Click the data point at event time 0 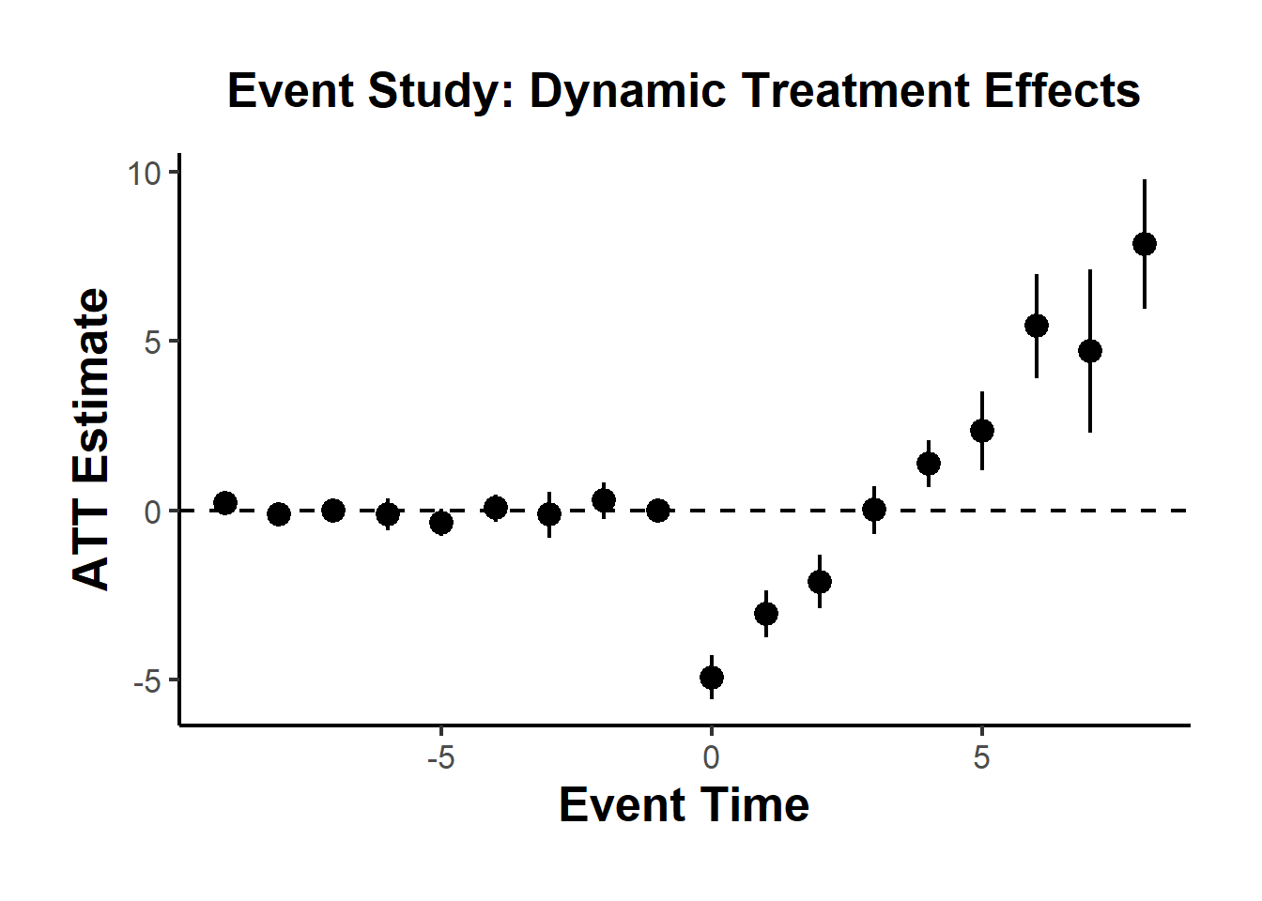coord(712,678)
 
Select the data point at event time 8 coord(1144,244)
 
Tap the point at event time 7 coord(1090,351)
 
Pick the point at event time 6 coord(1037,326)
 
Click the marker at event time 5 coord(982,431)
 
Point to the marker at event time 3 coord(874,510)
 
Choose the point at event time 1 coord(766,614)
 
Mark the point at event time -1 coord(658,511)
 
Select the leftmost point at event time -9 coord(225,503)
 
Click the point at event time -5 coord(441,522)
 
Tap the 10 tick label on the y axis coord(145,173)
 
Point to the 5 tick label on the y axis coord(153,343)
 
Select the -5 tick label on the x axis coord(440,757)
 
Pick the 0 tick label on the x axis coord(712,757)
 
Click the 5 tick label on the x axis coord(982,757)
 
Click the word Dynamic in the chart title coord(627,92)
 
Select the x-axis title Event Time coord(684,805)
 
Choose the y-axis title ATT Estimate coord(92,439)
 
